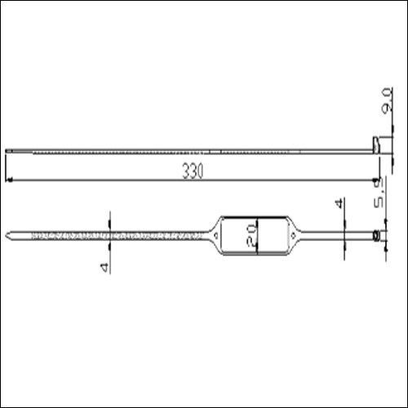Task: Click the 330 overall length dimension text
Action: pos(193,171)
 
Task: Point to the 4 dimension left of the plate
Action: pos(104,266)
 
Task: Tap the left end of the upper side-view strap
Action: pos(8,150)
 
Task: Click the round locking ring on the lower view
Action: pos(375,236)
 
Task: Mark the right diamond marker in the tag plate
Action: pos(292,236)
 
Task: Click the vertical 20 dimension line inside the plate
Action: pos(258,236)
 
